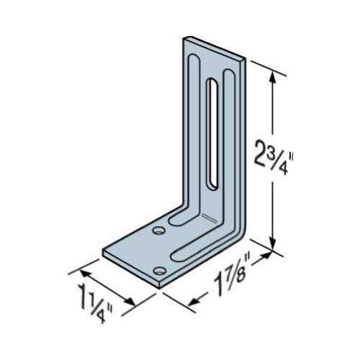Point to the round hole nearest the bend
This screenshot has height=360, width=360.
pos(158,231)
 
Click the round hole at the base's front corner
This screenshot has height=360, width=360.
pos(161,270)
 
